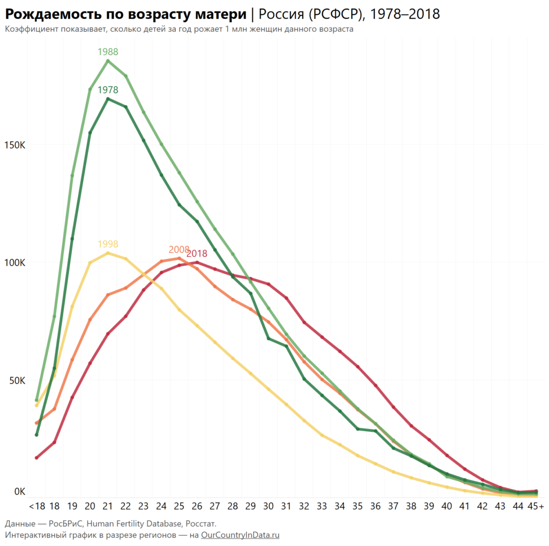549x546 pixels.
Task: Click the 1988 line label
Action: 108,52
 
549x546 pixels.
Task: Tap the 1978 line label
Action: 108,90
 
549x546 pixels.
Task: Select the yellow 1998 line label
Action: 108,244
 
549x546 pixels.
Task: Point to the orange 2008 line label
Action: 179,250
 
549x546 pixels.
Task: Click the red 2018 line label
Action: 197,253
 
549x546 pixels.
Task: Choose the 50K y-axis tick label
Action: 16,381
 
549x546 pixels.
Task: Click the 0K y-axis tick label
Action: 19,491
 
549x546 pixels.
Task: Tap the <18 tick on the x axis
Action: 37,506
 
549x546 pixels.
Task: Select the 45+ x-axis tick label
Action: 536,506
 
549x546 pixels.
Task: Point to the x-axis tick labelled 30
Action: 269,506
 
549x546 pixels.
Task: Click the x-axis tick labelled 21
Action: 108,506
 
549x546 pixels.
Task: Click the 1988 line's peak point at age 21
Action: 108,61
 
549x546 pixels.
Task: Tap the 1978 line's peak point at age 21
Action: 108,99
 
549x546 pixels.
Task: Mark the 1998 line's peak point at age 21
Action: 108,253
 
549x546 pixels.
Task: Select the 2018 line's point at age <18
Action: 36,458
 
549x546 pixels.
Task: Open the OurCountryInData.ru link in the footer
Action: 240,535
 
